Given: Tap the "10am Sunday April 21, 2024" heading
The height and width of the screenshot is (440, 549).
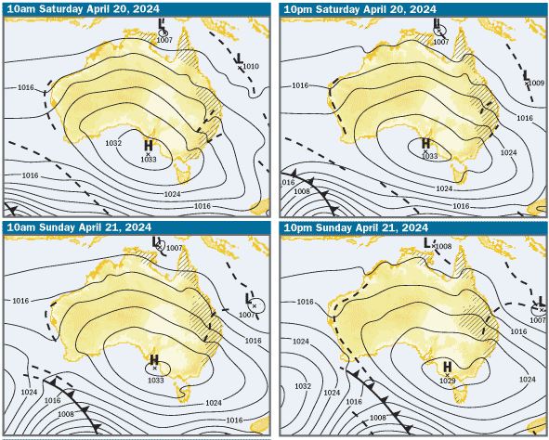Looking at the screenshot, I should pos(70,227).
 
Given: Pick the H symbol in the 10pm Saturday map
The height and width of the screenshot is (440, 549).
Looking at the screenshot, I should pos(426,144).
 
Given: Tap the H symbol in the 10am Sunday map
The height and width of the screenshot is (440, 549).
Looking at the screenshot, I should pos(154,359).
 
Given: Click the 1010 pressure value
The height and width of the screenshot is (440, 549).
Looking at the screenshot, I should pos(251,67).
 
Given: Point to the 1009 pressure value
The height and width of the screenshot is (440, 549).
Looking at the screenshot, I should pos(536,84).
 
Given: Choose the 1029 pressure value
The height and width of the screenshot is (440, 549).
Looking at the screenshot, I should pos(448,381).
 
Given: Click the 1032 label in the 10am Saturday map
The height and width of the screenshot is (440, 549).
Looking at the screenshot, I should pos(113,143).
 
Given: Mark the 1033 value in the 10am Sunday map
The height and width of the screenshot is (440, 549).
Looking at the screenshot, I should pos(155,379).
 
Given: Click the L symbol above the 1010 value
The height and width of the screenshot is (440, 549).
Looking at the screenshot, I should pos(240,58).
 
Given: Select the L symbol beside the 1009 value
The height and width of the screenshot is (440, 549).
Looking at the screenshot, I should pos(527,75).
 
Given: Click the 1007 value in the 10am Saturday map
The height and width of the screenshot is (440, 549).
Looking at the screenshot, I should pos(165,41).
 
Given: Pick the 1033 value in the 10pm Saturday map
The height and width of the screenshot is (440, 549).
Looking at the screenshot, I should pos(428,156).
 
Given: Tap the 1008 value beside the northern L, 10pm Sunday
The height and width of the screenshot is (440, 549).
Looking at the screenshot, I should pos(443,246).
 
